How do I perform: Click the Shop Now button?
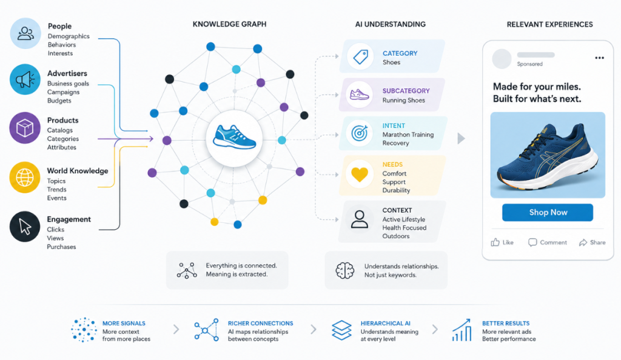[x=548, y=213]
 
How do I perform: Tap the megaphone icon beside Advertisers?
[x=25, y=79]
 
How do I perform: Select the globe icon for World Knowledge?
[x=24, y=177]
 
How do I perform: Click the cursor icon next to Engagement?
[x=25, y=227]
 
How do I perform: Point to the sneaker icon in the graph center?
[x=235, y=137]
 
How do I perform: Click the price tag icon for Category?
[x=360, y=56]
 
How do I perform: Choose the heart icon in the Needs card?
[x=360, y=175]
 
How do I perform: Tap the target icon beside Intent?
[x=360, y=133]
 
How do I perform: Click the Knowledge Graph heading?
[x=229, y=24]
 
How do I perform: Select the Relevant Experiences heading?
[x=549, y=24]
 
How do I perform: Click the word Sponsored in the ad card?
[x=529, y=64]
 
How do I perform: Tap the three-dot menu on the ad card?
[x=599, y=58]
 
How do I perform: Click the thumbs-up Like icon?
[x=495, y=242]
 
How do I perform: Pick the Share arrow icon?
[x=583, y=242]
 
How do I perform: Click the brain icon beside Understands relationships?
[x=345, y=270]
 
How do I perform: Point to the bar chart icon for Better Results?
[x=462, y=330]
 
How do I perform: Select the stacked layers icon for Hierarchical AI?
[x=341, y=330]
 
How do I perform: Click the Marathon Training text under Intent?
[x=408, y=135]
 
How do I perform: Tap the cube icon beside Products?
[x=24, y=128]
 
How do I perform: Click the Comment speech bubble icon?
[x=532, y=242]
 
